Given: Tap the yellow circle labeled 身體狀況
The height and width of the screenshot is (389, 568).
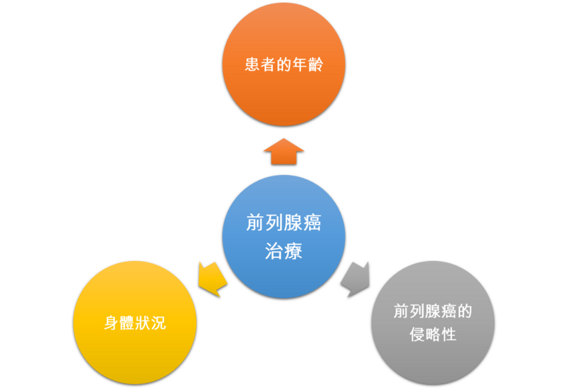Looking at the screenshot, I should (135, 322).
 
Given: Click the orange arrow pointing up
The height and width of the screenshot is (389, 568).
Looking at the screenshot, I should (284, 151).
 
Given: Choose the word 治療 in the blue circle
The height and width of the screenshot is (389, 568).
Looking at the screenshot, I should (284, 250).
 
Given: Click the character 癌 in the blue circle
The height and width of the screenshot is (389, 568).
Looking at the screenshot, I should (311, 223).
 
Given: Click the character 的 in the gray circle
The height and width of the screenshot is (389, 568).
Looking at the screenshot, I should (465, 312).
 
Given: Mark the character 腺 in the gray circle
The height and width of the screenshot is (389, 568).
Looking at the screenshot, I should (433, 312).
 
